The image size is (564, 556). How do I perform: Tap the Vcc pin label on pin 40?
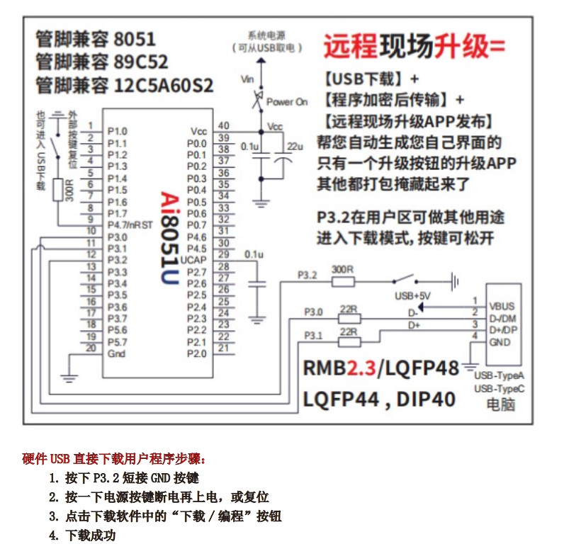pyautogui.click(x=198, y=132)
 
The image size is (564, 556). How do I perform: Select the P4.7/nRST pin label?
pyautogui.click(x=128, y=225)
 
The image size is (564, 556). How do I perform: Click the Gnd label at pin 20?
pyautogui.click(x=116, y=353)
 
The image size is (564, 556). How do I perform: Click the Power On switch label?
pyautogui.click(x=287, y=102)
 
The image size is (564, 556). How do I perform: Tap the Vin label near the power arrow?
pyautogui.click(x=247, y=79)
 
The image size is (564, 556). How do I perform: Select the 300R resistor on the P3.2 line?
pyautogui.click(x=343, y=281)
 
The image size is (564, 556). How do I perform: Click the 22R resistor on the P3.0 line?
pyautogui.click(x=349, y=319)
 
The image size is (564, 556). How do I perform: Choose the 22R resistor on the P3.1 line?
pyautogui.click(x=349, y=342)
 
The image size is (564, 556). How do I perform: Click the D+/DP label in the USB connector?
pyautogui.click(x=504, y=330)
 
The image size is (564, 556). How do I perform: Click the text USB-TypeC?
pyautogui.click(x=498, y=389)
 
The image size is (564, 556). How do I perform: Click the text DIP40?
pyautogui.click(x=425, y=399)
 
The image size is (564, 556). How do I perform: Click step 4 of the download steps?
pyautogui.click(x=82, y=535)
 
